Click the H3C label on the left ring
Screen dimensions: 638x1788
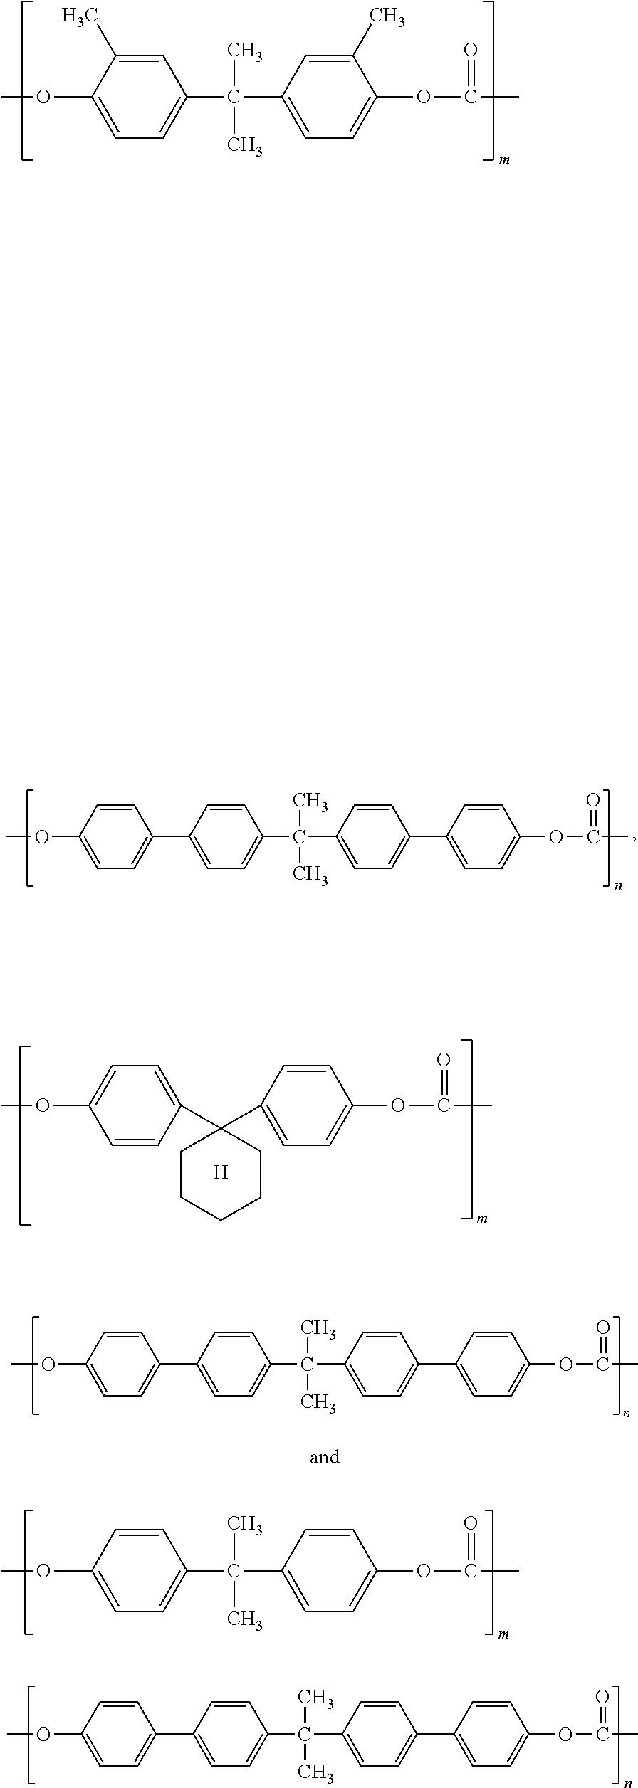(79, 17)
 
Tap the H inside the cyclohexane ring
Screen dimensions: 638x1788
(221, 1172)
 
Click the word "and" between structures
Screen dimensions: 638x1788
(324, 1457)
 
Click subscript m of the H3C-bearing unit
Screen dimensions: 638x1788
(504, 161)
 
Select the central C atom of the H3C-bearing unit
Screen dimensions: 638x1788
(234, 97)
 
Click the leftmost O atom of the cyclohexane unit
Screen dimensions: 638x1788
(43, 1105)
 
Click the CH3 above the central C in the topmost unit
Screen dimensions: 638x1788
(244, 51)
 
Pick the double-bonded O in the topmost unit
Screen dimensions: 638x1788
(470, 51)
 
